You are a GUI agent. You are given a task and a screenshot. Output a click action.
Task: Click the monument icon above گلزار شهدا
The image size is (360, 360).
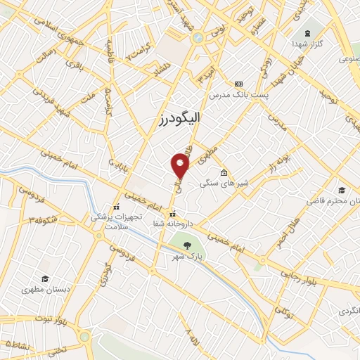coord(307,33)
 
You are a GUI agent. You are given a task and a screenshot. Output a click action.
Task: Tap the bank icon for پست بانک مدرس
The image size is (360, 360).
coord(239,84)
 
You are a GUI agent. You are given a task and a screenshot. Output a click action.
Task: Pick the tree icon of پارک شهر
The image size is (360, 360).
coord(187,245)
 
